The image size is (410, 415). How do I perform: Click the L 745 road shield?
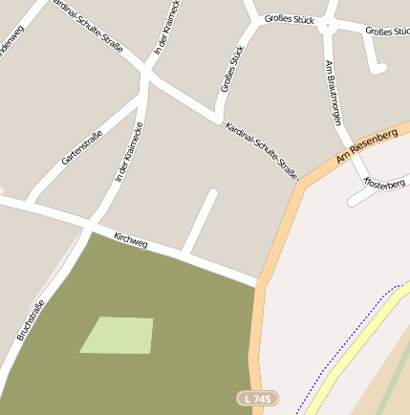click(x=256, y=397)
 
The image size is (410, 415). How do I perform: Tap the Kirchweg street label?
click(x=131, y=241)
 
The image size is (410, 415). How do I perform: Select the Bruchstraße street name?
click(x=32, y=321)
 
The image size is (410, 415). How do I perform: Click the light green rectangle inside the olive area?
click(x=118, y=335)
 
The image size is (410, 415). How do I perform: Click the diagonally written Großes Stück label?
click(x=232, y=69)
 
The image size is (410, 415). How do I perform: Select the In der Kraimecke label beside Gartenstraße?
click(x=128, y=152)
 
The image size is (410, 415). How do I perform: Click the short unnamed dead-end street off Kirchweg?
click(x=201, y=220)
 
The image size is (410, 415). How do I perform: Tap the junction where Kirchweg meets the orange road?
click(x=258, y=283)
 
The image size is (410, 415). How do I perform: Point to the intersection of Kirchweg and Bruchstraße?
click(x=90, y=228)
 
